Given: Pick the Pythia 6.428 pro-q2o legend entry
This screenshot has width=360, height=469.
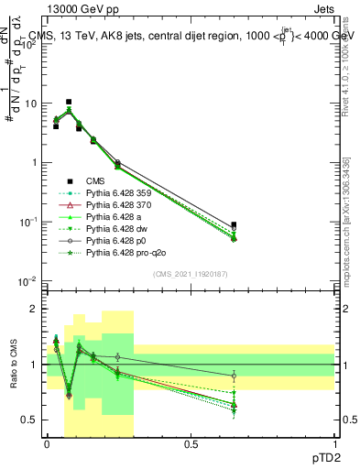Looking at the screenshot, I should pyautogui.click(x=132, y=252).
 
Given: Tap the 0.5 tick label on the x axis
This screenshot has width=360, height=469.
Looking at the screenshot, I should pyautogui.click(x=191, y=444).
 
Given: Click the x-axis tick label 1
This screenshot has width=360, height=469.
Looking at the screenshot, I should pyautogui.click(x=334, y=444).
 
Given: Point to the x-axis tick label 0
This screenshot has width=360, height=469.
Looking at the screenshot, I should pyautogui.click(x=48, y=444).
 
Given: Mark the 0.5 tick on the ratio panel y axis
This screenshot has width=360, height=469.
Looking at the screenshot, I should pyautogui.click(x=32, y=420).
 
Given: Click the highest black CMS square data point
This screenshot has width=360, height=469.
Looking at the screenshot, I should pyautogui.click(x=69, y=102).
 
